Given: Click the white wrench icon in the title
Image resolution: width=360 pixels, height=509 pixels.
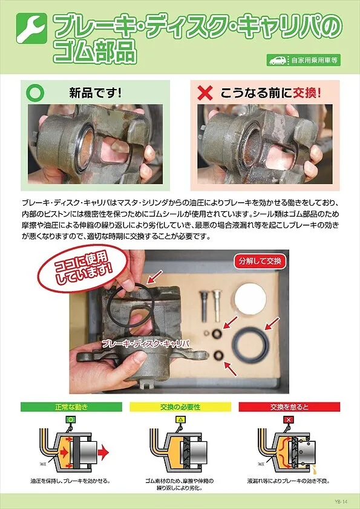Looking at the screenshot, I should [x=28, y=30].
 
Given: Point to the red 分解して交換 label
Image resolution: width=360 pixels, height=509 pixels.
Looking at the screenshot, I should [x=260, y=262].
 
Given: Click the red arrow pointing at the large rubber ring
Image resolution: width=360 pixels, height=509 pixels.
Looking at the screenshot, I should [x=272, y=321].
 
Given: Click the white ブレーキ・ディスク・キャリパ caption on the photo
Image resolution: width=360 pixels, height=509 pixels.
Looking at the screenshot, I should [x=146, y=343].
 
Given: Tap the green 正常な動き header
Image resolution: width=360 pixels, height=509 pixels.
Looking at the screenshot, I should [x=71, y=407].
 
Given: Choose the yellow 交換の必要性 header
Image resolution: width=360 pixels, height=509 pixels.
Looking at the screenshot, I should [x=180, y=407].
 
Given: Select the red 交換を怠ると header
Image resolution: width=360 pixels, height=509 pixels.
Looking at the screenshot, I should [x=289, y=407].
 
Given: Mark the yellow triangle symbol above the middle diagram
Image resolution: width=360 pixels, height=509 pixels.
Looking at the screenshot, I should [x=180, y=419].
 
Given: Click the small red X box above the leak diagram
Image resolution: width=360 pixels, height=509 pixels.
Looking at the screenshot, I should [x=289, y=419].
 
